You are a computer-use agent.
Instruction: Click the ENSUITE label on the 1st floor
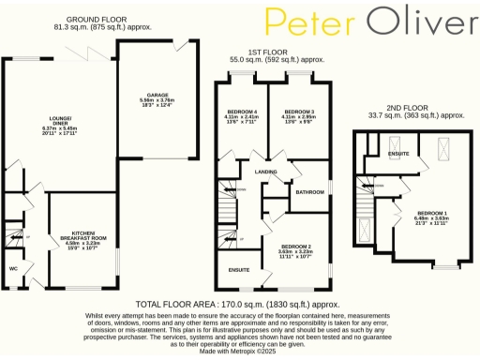click(x=238, y=269)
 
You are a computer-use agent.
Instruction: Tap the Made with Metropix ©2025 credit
click(x=240, y=351)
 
